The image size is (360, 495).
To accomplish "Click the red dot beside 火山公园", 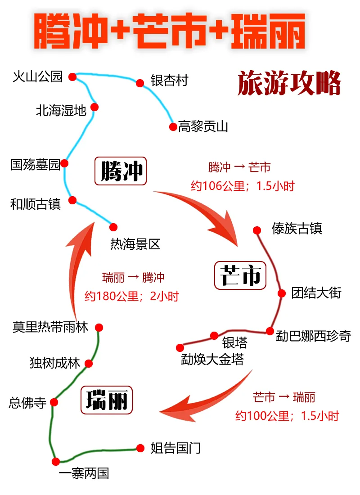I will point(72,77).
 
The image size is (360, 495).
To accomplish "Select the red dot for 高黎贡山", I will point(173,127).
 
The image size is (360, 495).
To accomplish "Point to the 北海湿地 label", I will point(61,111).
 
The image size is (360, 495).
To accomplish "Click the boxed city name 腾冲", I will point(121,171).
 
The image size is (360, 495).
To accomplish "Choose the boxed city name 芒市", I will point(240,275).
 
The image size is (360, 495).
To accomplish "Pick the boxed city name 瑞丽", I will point(107,400).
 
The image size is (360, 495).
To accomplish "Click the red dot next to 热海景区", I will point(113,227).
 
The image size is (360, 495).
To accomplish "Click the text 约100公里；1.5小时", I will point(287,416).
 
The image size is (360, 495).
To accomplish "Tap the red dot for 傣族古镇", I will point(257,230).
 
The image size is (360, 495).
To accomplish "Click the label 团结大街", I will point(316,293).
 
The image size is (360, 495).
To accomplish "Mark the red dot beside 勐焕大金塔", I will point(180,347).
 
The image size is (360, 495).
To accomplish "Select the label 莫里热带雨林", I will point(50,327).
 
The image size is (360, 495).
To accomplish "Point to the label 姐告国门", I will point(175,448).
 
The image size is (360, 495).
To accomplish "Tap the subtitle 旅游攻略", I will point(289,83).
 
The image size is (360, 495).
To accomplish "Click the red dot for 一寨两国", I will point(56,461).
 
